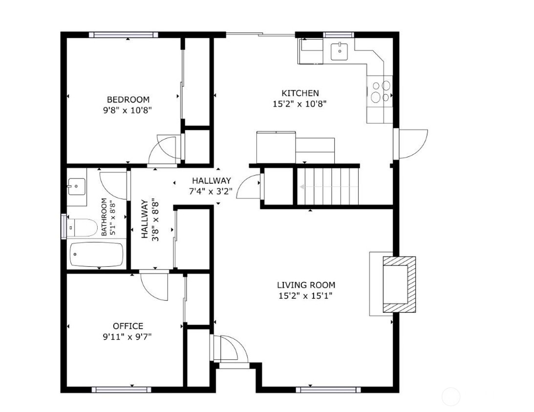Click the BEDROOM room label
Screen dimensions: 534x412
(x=128, y=100)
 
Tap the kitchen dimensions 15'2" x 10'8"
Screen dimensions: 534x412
(x=299, y=104)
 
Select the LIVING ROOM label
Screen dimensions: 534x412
(x=306, y=285)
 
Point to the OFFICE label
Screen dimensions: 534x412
(x=128, y=326)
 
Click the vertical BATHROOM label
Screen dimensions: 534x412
(x=104, y=217)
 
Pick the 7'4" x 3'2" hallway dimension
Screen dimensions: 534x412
(x=211, y=191)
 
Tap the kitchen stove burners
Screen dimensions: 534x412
(x=381, y=91)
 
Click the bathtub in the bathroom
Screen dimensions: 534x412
(x=96, y=255)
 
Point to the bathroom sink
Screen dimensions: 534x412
(x=76, y=186)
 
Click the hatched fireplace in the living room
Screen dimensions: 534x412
(x=399, y=284)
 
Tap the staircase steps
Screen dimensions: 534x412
(x=328, y=186)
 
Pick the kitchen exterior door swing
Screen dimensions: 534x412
(x=412, y=144)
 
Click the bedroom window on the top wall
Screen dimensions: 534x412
(x=124, y=35)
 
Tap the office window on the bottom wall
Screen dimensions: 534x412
(x=121, y=390)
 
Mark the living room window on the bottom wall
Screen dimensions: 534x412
(x=328, y=390)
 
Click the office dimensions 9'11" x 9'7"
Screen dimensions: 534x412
(x=128, y=337)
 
